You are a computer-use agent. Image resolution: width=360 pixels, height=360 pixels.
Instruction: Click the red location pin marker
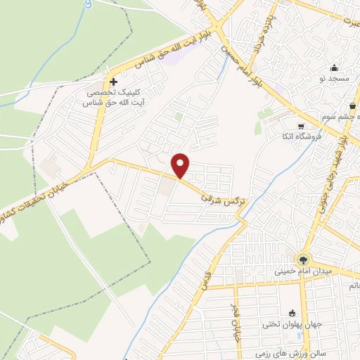(x=181, y=165)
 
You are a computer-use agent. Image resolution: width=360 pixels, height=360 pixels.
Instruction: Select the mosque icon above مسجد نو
(x=334, y=69)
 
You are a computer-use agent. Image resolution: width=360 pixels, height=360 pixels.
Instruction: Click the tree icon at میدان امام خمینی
(x=304, y=258)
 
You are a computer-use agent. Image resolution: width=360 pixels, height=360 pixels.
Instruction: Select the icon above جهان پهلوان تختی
(x=292, y=313)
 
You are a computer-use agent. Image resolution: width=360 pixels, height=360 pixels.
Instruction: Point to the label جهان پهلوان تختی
(x=292, y=325)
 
